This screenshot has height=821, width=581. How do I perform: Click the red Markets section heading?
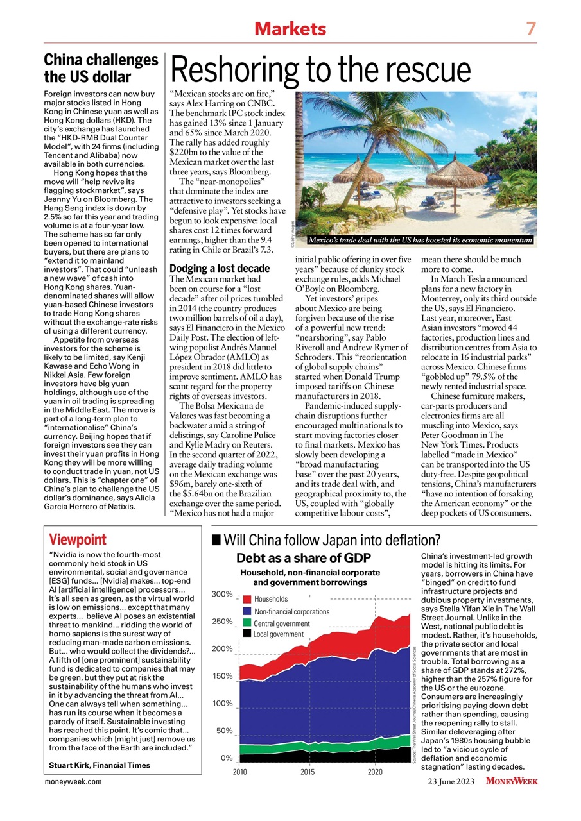[x=290, y=28]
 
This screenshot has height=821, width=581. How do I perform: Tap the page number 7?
[x=530, y=28]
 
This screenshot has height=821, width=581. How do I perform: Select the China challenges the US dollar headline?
[x=101, y=68]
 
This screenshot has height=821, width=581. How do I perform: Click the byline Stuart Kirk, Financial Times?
[x=100, y=765]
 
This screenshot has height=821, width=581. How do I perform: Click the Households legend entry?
[x=270, y=599]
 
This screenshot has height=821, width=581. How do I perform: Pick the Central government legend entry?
[x=281, y=623]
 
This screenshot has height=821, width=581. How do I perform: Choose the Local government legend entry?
[x=278, y=634]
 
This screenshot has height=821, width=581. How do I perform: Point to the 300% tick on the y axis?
[x=222, y=594]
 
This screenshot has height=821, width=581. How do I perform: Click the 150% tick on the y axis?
[x=222, y=676]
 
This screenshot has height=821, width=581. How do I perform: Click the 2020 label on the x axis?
[x=375, y=771]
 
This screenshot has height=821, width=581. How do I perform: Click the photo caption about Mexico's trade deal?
[x=421, y=241]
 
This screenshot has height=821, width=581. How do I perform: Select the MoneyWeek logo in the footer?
[x=511, y=781]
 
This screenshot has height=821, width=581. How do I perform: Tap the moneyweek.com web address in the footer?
[x=73, y=781]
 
